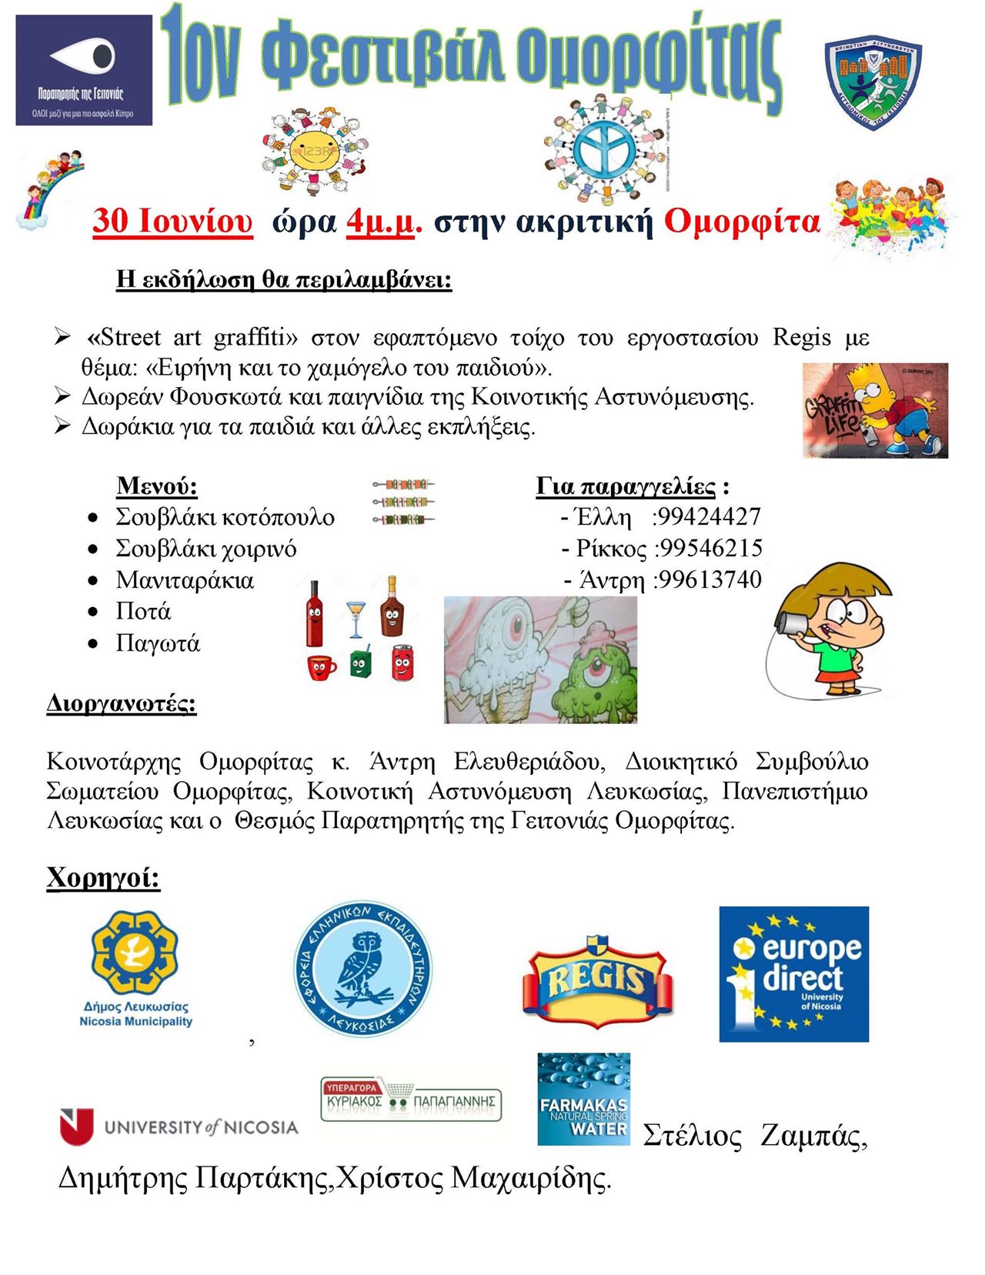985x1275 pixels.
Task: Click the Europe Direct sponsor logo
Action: (793, 973)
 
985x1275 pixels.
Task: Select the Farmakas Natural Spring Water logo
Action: (583, 1098)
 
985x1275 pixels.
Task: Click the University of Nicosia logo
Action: (179, 1126)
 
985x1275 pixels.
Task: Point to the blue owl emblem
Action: (362, 968)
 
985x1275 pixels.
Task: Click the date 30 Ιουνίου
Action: (172, 221)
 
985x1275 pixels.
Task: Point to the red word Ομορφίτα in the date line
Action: (742, 222)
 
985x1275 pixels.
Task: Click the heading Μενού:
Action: (157, 486)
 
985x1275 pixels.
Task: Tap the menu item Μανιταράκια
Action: (185, 579)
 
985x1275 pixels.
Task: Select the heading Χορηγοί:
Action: (103, 877)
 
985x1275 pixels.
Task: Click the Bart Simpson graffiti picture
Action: (875, 410)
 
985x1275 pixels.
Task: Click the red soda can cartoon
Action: (402, 663)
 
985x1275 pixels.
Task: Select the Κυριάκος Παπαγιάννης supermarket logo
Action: (411, 1099)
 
